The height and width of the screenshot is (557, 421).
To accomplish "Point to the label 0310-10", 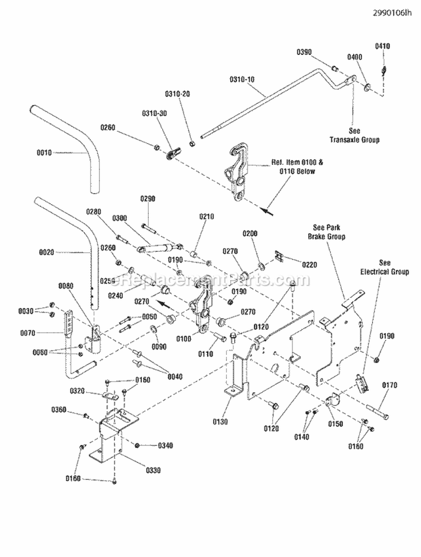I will coord(242,79).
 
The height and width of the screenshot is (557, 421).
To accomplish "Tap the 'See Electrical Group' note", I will coord(385,267).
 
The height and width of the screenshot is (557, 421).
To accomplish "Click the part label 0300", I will coord(120,218).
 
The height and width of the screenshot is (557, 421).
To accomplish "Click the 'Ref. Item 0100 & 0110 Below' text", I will coord(293,167).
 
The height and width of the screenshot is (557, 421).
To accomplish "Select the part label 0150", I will coord(336,424).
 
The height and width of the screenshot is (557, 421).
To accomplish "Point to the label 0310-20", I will coord(177,94).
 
